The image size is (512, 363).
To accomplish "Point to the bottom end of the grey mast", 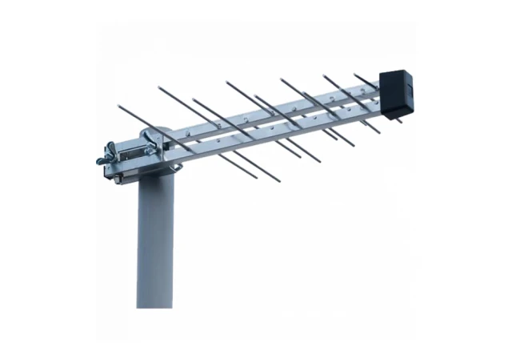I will point(154,305).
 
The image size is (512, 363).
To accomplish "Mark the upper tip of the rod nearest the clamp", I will point(118,104).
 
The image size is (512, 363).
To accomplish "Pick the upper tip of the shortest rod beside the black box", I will point(355,74).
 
